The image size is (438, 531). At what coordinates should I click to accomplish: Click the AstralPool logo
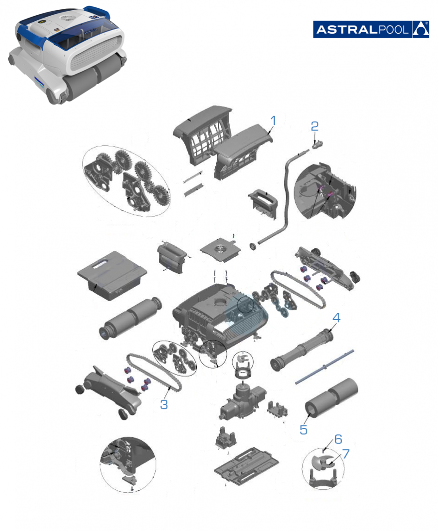(371, 30)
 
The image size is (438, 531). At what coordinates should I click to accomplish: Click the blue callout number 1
(273, 121)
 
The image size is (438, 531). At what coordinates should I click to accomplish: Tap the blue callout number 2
(314, 126)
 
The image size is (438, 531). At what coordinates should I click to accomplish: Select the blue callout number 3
(164, 404)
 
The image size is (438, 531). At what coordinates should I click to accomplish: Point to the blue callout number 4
(336, 318)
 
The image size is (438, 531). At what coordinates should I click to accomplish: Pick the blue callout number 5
(338, 439)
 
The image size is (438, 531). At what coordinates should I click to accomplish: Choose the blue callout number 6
(346, 454)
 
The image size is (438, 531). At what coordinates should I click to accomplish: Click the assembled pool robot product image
(67, 55)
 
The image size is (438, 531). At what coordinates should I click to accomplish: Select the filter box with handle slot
(112, 275)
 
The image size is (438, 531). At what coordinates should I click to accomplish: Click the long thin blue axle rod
(325, 367)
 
